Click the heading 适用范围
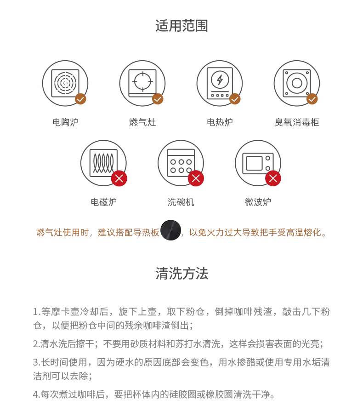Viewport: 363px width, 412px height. (181, 26)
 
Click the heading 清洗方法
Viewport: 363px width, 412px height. (181, 273)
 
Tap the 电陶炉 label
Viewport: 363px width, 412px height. (65, 122)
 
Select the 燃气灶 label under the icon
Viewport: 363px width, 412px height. (142, 122)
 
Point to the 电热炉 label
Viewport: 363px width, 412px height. (220, 122)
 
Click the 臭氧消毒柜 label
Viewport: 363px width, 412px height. (297, 122)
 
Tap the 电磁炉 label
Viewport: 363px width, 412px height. (103, 202)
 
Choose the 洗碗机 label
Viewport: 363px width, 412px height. (181, 202)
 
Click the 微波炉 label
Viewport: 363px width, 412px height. (258, 202)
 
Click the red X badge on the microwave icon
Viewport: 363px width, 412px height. (273, 178)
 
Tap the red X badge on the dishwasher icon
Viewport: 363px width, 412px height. (196, 178)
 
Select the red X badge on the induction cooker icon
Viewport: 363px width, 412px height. (119, 178)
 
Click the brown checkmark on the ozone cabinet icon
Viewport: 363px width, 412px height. (312, 99)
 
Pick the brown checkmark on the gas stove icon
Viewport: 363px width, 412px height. (158, 99)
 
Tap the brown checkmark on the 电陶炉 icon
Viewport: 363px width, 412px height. (80, 99)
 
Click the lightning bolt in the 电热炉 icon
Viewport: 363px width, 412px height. (220, 80)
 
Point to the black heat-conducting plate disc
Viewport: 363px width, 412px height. (171, 230)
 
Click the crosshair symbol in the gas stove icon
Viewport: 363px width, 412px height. (142, 81)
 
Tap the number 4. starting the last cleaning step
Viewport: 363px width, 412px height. (36, 394)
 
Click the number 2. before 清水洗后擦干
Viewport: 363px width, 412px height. (36, 343)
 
